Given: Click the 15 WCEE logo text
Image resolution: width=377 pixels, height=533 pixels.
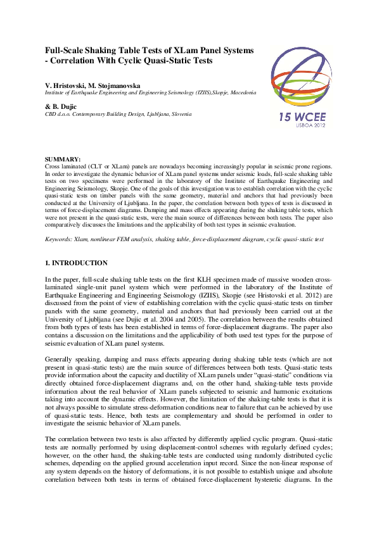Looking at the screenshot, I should [302, 117].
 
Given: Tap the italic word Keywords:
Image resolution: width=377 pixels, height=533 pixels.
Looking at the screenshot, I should [59, 241].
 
